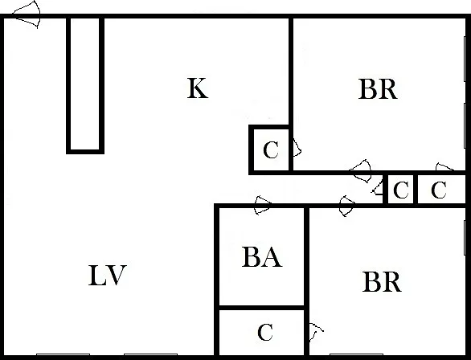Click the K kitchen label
198,88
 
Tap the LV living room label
107,276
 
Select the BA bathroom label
262,257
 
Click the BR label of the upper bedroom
378,89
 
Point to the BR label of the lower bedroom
382,281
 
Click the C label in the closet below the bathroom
265,333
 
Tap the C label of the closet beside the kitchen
271,149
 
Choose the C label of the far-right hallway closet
439,190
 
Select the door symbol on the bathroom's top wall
262,206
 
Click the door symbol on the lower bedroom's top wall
346,206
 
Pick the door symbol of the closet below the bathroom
315,332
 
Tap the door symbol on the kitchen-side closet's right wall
297,147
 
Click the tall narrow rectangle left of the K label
85,85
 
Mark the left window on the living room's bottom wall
63,355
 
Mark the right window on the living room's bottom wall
150,355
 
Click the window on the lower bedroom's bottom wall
356,355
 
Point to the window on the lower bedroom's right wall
465,238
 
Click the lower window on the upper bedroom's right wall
465,125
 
